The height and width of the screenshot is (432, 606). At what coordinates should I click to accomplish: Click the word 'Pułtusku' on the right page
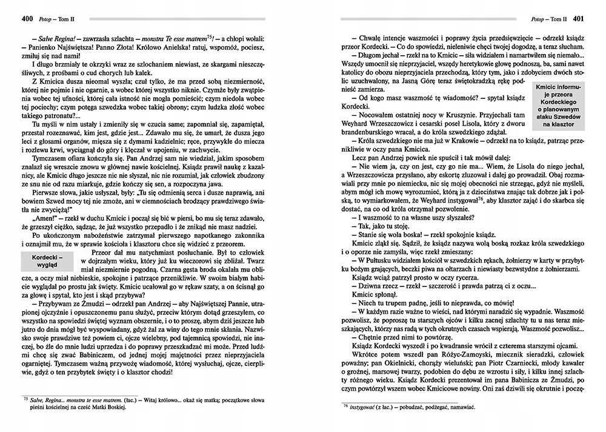click(x=375, y=260)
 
